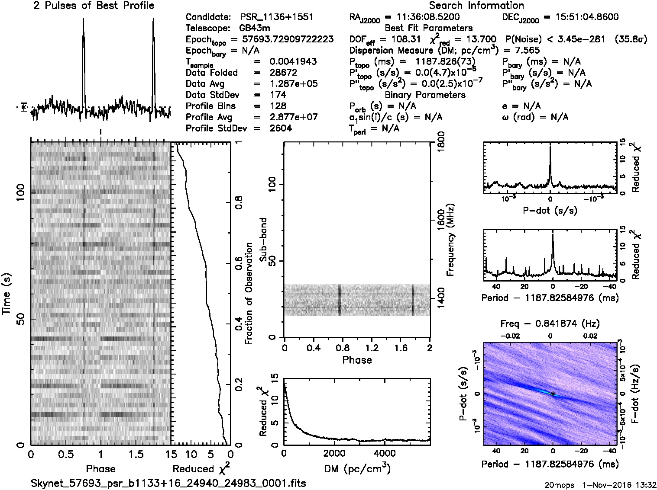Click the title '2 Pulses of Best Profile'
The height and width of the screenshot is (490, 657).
click(x=94, y=6)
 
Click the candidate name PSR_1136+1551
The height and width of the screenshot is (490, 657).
click(x=277, y=17)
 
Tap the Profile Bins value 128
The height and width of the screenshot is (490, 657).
click(x=278, y=106)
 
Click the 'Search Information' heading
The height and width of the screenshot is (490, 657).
click(x=476, y=6)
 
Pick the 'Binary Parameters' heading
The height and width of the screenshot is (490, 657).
click(x=425, y=95)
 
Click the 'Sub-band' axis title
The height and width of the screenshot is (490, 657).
click(x=263, y=240)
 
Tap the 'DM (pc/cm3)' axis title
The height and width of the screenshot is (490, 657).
click(x=357, y=468)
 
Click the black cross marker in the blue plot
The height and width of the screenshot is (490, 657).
click(x=553, y=394)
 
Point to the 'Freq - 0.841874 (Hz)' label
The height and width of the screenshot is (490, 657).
click(x=550, y=323)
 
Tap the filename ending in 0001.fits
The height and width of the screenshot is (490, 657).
click(x=168, y=483)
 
